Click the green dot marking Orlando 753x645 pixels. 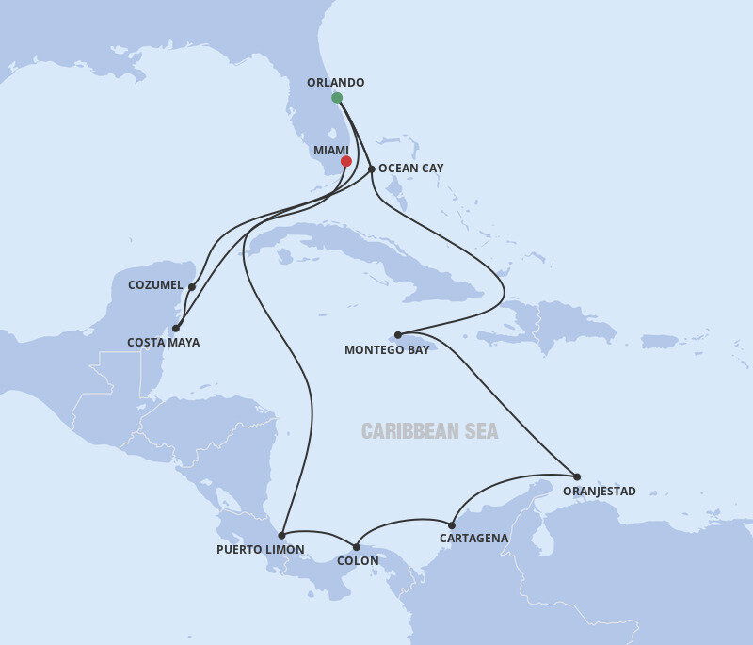(x=337, y=98)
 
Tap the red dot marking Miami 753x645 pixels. (x=346, y=161)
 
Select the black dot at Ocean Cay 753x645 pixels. (x=372, y=169)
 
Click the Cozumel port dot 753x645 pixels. (x=192, y=287)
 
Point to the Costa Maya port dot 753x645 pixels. (x=176, y=329)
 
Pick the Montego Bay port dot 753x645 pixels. (x=398, y=334)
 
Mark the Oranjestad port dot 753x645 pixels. (x=577, y=476)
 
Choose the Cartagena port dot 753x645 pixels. (x=452, y=525)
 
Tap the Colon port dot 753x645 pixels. (x=357, y=546)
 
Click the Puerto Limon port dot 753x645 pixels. (x=281, y=535)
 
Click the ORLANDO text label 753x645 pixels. (x=335, y=83)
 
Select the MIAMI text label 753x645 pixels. (x=330, y=151)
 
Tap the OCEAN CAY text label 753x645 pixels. (x=410, y=169)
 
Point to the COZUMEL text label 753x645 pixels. (x=155, y=284)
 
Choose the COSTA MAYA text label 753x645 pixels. (x=164, y=343)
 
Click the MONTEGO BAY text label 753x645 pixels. (x=387, y=350)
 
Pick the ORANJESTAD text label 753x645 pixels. (x=599, y=492)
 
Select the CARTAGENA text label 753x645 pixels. (x=473, y=539)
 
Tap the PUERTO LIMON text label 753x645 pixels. (x=261, y=550)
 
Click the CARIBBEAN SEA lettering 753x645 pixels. (x=430, y=432)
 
